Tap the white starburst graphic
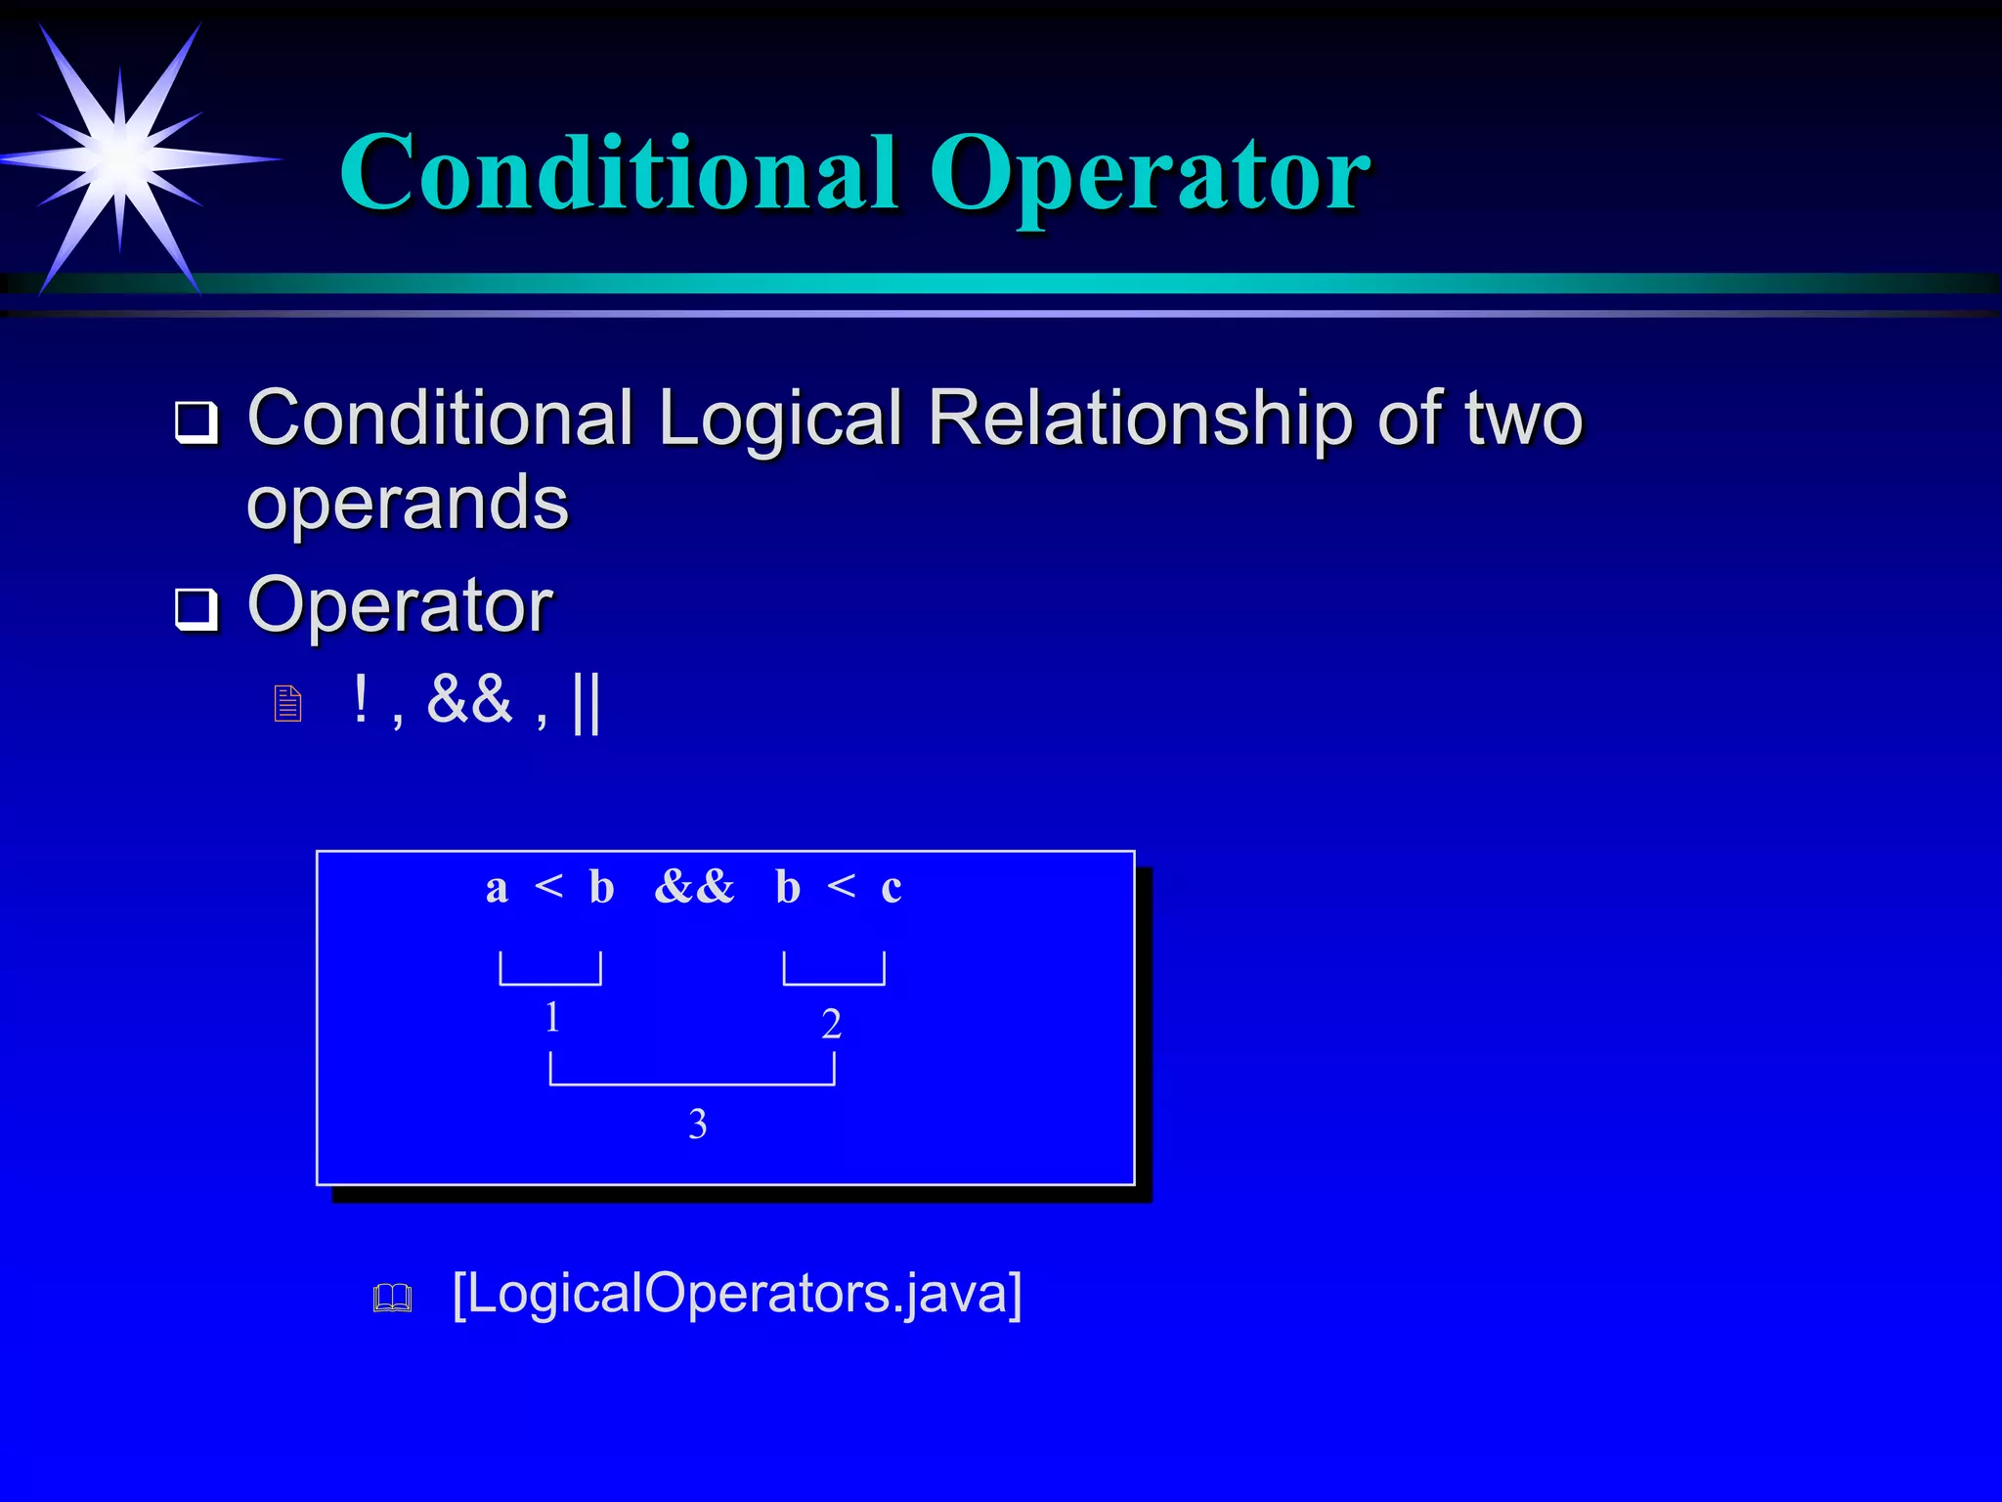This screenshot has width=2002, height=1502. (x=119, y=156)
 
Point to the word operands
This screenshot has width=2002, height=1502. (x=407, y=503)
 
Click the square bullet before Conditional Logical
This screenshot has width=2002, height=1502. (x=196, y=423)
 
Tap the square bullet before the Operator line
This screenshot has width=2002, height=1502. (x=196, y=609)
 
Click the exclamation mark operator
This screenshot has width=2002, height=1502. (x=361, y=699)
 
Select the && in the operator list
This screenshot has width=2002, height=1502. (x=469, y=699)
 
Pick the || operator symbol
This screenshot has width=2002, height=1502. (x=587, y=701)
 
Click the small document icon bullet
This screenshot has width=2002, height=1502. (x=287, y=704)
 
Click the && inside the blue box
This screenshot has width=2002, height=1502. (x=694, y=887)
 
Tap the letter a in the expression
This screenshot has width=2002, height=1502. (x=497, y=889)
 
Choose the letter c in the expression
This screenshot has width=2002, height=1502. (x=891, y=889)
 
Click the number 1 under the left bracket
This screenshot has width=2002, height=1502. (x=552, y=1017)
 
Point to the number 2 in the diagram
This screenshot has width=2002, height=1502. (x=831, y=1024)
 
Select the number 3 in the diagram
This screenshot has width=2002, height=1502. (x=697, y=1125)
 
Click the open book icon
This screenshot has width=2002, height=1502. (x=392, y=1298)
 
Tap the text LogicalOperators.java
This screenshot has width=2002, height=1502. (x=737, y=1293)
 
